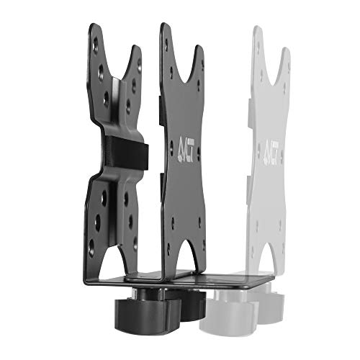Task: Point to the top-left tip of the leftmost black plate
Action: (92, 27)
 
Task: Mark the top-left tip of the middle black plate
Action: (164, 26)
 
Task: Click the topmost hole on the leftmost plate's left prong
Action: (96, 44)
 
